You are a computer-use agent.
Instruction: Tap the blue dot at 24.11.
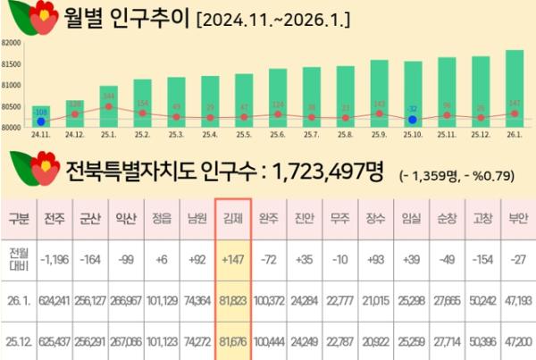pyautogui.click(x=41, y=121)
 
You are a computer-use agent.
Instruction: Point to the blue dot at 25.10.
pyautogui.click(x=412, y=119)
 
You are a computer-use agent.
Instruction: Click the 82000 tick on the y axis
pyautogui.click(x=12, y=43)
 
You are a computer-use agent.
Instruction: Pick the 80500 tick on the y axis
pyautogui.click(x=12, y=106)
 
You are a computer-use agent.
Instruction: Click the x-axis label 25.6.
pyautogui.click(x=276, y=134)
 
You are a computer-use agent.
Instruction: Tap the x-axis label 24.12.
pyautogui.click(x=75, y=134)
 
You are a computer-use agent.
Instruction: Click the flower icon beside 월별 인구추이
pyautogui.click(x=30, y=21)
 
